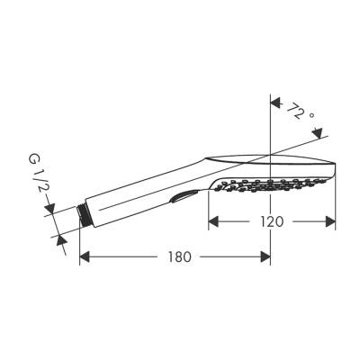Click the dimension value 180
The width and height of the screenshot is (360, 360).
point(180,256)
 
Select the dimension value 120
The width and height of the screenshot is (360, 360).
point(273,220)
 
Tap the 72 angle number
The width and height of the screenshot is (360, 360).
point(294,112)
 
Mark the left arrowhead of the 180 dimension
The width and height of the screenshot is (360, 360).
point(86,256)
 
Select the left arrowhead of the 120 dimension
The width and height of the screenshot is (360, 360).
point(215,220)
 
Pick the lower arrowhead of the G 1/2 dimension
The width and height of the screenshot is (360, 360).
point(59,236)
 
